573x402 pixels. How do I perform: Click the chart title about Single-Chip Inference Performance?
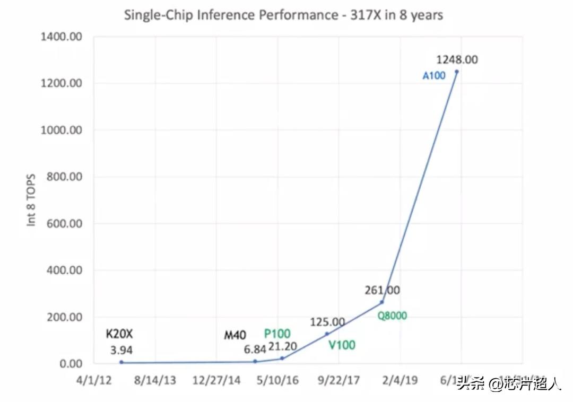283,15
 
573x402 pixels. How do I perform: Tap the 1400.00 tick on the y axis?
61,37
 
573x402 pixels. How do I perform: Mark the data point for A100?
456,72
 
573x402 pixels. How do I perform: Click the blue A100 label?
434,75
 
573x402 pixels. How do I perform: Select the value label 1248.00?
456,59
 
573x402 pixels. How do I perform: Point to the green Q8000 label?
392,316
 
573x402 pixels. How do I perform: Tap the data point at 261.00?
381,302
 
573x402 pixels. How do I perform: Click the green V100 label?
342,345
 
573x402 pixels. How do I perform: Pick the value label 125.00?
327,322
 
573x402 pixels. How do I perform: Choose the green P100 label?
277,334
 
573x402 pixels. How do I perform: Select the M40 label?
235,335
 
